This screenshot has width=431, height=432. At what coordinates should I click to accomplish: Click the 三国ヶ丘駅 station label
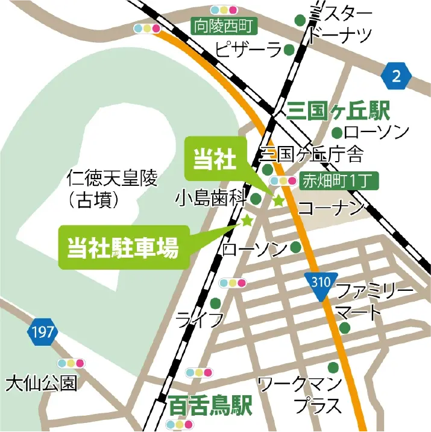coord(339,110)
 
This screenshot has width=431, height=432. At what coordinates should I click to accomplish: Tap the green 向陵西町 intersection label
coord(224,26)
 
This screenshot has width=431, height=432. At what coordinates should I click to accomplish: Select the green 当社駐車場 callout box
coord(123,247)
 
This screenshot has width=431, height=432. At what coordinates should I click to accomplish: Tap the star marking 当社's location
coord(278,201)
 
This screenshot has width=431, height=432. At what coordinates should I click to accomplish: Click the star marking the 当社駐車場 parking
coord(247,221)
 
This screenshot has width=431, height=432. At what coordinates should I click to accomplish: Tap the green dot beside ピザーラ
coord(289,49)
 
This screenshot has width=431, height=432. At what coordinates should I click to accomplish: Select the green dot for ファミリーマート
coord(344,328)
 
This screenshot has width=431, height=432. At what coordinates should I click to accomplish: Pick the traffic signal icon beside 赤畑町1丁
coord(284,180)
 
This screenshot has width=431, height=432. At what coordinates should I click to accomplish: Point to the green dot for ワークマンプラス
coord(333,366)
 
